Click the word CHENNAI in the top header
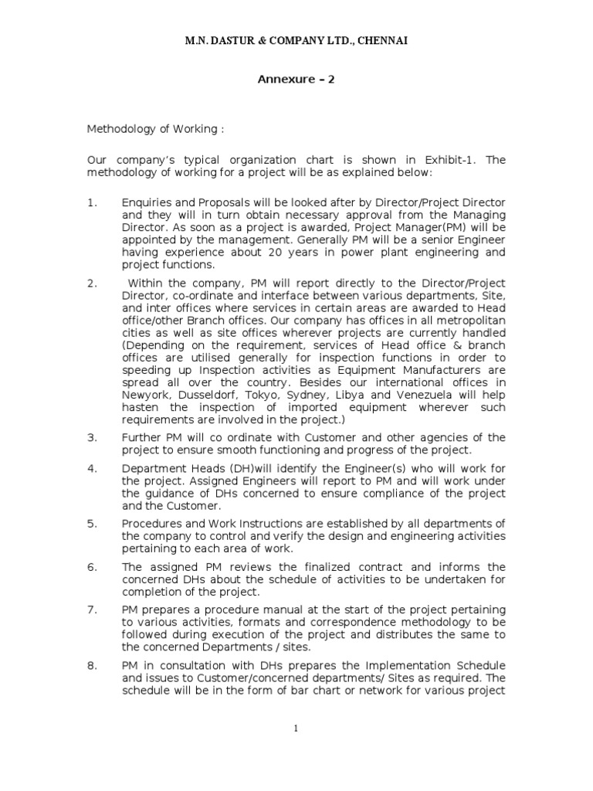(381, 40)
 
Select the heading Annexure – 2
(296, 79)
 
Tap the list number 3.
(92, 437)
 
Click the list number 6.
(92, 566)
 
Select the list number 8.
(92, 666)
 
